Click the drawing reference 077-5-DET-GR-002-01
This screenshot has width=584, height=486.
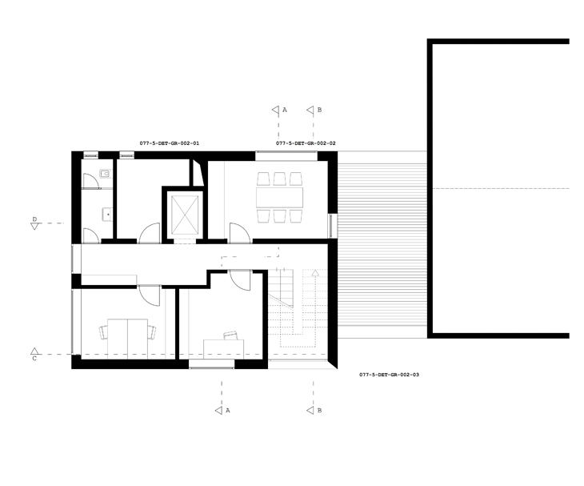170,143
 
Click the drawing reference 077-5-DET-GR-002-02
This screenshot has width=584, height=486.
306,143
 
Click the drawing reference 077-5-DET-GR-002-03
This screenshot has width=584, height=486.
390,375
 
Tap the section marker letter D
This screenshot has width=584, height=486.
34,219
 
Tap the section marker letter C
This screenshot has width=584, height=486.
34,359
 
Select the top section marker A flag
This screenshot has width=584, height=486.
276,110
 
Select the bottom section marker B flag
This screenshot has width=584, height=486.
310,411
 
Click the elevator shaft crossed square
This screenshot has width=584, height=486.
185,215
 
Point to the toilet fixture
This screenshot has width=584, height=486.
106,173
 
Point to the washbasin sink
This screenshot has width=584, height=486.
107,215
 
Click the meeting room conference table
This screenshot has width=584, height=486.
279,198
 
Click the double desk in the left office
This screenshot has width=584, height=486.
127,339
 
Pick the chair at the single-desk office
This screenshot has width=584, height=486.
230,335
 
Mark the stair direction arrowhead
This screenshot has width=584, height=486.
315,273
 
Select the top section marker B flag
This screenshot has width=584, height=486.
310,110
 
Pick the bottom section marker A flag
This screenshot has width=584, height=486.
218,411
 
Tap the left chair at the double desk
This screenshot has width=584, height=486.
103,332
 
